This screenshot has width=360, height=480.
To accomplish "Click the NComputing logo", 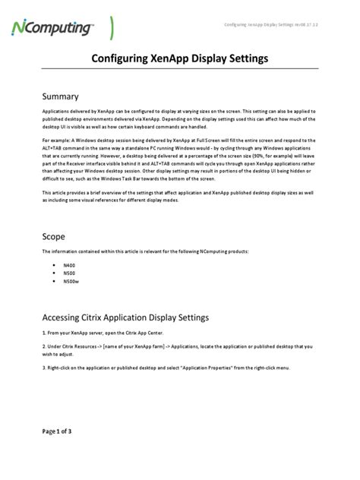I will click(x=52, y=28).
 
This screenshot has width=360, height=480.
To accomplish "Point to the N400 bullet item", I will click(x=69, y=266).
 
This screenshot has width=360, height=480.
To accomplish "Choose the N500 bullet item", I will click(x=69, y=273).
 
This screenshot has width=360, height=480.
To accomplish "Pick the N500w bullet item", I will click(x=71, y=281).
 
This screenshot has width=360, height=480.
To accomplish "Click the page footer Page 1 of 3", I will click(x=57, y=431).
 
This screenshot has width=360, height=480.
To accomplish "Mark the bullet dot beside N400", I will click(x=53, y=266).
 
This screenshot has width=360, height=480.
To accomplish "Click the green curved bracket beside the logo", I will click(x=112, y=27).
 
